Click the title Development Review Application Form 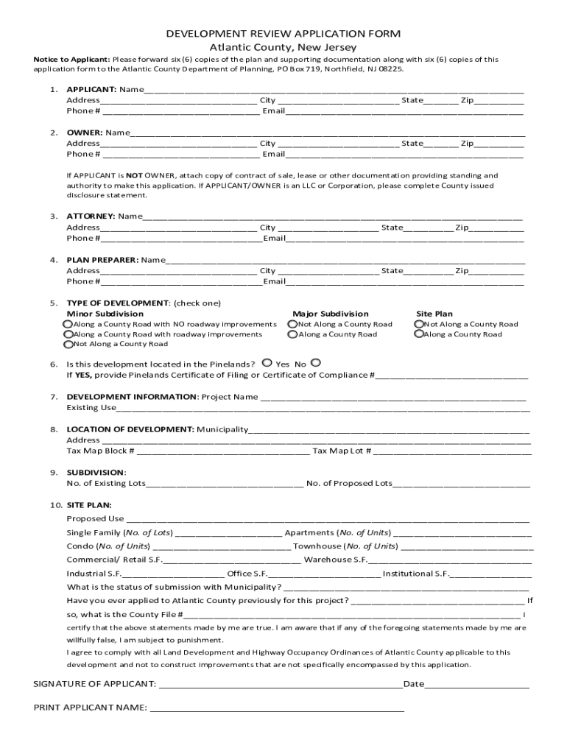click(283, 34)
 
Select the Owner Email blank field click(404, 155)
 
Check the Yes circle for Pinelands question click(267, 363)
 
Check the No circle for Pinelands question click(315, 363)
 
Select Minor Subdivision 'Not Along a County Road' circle click(68, 344)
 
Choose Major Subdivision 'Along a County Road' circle click(292, 334)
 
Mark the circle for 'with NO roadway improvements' click(68, 324)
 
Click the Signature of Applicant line click(281, 685)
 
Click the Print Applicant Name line click(276, 709)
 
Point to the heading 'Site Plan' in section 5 click(434, 314)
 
